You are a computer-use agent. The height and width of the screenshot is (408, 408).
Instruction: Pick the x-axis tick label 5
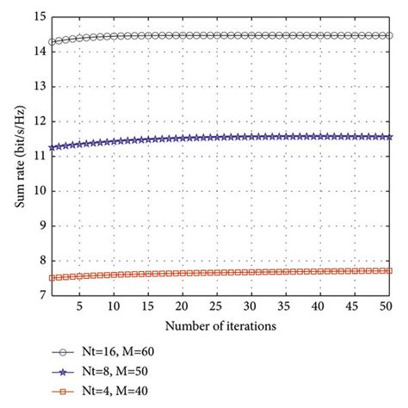click(x=79, y=306)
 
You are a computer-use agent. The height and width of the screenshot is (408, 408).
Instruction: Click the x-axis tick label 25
click(x=215, y=306)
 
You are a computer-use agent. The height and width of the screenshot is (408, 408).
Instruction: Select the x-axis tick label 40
click(x=318, y=306)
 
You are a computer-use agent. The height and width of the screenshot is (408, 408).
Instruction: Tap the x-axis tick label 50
click(x=386, y=306)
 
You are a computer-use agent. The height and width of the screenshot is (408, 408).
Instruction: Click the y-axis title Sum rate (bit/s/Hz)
click(x=15, y=156)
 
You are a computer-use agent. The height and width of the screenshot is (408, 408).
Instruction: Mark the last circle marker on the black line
click(x=388, y=35)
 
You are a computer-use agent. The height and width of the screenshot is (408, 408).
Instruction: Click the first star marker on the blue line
click(x=51, y=147)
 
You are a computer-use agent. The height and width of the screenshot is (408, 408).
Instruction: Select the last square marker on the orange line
click(x=388, y=270)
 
